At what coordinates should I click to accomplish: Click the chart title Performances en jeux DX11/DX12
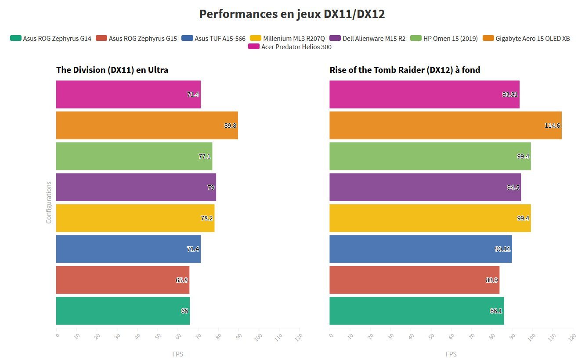click(292, 14)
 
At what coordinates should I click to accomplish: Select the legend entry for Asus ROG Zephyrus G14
click(51, 38)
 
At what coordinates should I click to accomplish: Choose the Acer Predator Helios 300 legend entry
click(290, 47)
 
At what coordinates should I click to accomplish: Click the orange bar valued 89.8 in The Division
click(147, 125)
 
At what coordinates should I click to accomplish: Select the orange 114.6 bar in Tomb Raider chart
click(445, 125)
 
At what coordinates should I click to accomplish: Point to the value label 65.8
click(182, 280)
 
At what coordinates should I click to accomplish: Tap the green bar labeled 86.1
click(416, 311)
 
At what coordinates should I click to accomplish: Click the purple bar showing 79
click(136, 187)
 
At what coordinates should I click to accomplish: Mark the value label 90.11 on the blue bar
click(502, 249)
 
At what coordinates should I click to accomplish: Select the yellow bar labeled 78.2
click(135, 218)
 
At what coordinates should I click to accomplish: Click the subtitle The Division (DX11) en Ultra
click(112, 70)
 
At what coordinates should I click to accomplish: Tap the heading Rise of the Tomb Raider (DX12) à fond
click(404, 70)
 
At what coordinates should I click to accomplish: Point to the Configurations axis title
click(49, 202)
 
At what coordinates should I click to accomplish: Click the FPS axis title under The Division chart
click(177, 354)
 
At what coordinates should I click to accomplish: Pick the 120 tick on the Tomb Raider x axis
click(572, 337)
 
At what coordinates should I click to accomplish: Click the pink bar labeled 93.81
click(424, 94)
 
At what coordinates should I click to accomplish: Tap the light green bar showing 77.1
click(134, 156)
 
